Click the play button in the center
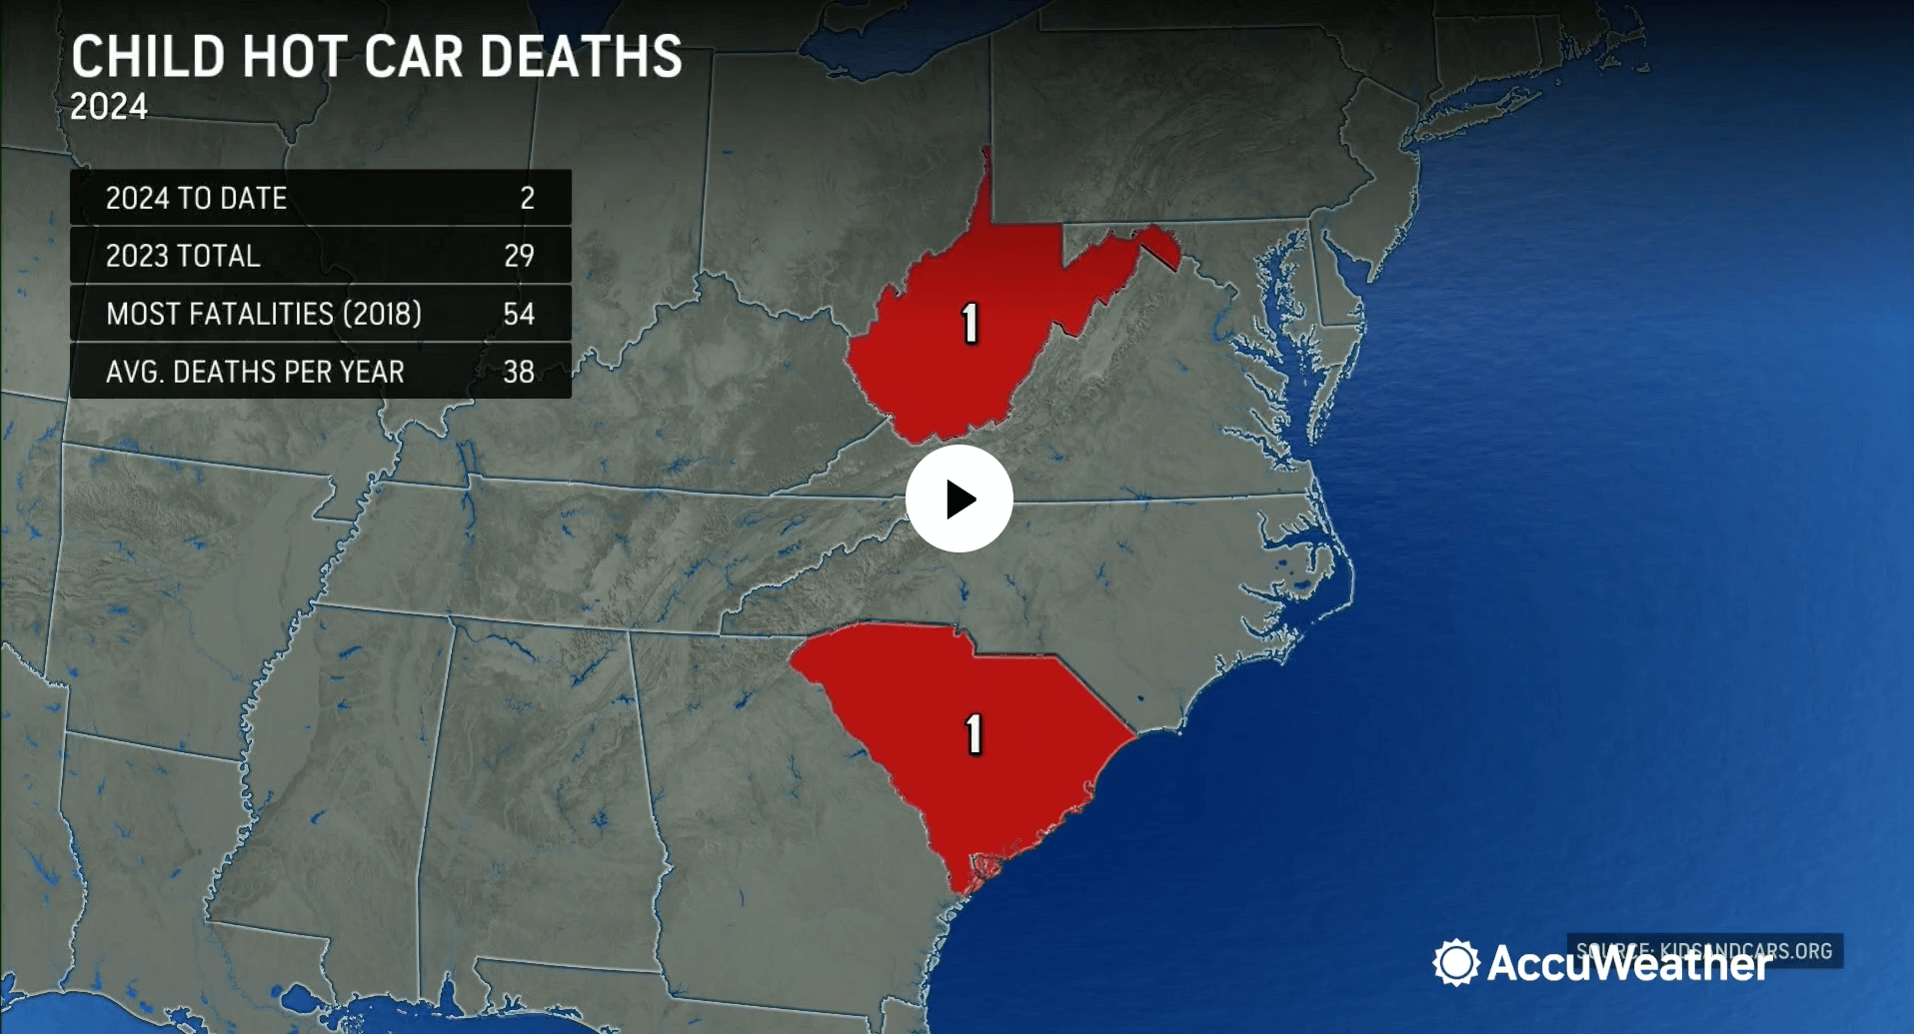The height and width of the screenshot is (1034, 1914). pos(958,499)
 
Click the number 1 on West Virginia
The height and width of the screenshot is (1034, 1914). pos(969,324)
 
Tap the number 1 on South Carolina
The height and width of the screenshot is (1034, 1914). pos(974,734)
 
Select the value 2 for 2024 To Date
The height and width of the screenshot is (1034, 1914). pos(527,198)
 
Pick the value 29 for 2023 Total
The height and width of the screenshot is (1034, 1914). pos(519,256)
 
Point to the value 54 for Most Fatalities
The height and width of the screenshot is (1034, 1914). pos(519,314)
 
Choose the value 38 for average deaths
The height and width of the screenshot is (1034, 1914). pos(519,372)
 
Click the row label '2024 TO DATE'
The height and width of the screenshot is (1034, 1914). pos(196,198)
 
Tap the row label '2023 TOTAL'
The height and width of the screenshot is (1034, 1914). pos(183,256)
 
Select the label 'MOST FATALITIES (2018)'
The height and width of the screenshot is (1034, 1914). pos(264,314)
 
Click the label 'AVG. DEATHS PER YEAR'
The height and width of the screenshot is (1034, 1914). pos(255,372)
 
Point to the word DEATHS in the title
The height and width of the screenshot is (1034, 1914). pos(581,57)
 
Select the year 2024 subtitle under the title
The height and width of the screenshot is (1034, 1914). pos(109,107)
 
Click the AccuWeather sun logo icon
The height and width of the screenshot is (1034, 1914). pos(1455,962)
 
